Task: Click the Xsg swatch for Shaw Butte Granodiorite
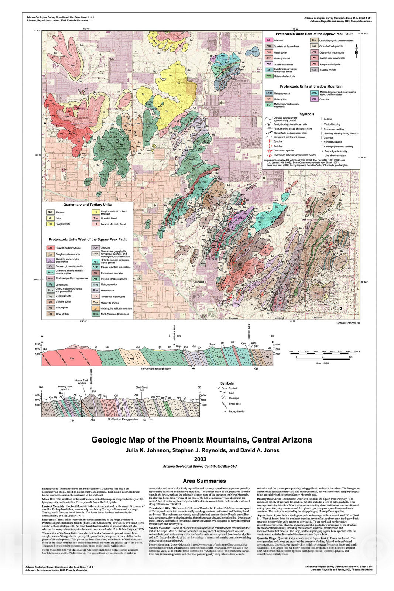click(x=51, y=248)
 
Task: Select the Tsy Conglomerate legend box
click(x=50, y=224)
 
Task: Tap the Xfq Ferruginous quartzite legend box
click(x=96, y=273)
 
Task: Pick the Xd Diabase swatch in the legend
click(x=269, y=40)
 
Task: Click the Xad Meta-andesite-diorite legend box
click(x=269, y=76)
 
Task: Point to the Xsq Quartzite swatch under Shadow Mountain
click(x=314, y=99)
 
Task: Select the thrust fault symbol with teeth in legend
click(x=268, y=133)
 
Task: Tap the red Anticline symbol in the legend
click(x=268, y=146)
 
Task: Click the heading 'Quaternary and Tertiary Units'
click(x=88, y=205)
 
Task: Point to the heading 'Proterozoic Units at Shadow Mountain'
click(x=311, y=86)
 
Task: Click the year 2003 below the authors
click(x=200, y=459)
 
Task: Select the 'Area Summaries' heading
click(x=204, y=481)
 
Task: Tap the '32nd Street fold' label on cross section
click(x=141, y=389)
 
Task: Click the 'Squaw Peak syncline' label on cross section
click(x=82, y=382)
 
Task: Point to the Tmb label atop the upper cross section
click(x=75, y=346)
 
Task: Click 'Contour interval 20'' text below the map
click(x=348, y=323)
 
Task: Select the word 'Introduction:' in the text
click(x=50, y=489)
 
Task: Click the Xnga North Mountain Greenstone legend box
click(x=96, y=314)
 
